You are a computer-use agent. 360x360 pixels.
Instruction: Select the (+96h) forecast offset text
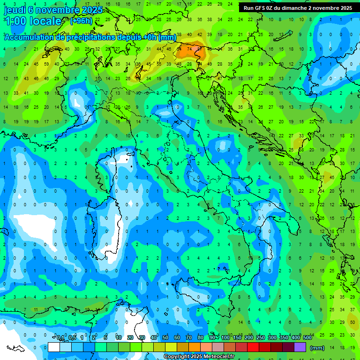point(81,21)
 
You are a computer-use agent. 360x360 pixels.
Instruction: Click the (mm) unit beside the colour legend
point(317,348)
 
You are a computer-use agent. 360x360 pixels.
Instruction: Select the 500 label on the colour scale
point(307,338)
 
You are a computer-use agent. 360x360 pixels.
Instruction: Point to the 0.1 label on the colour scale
point(60,338)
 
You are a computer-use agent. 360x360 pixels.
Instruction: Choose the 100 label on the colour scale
point(225,338)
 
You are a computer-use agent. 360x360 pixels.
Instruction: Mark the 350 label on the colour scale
point(284,338)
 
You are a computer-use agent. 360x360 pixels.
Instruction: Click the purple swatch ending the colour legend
point(300,347)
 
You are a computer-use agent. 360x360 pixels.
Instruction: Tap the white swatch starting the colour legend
point(54,347)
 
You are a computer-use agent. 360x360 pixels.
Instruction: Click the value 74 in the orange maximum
point(189,48)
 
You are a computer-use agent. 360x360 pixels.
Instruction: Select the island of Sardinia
point(107,230)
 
